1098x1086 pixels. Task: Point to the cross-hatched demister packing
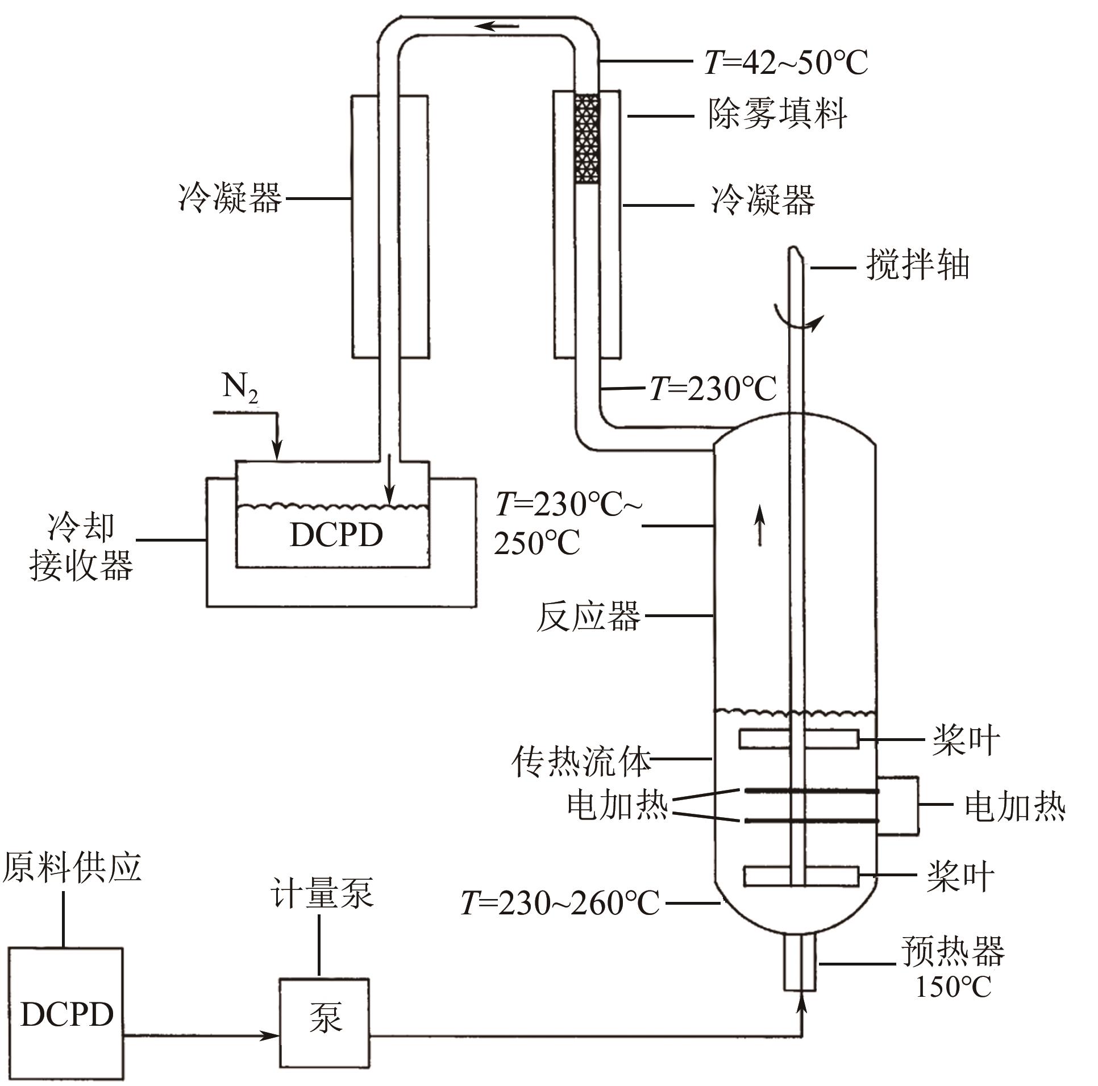coord(587,139)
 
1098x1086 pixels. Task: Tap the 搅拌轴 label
coord(917,265)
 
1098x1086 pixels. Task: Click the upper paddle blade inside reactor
coord(798,739)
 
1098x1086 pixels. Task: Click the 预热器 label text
coord(953,951)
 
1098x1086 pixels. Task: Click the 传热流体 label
coord(581,761)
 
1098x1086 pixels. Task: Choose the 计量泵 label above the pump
coord(322,892)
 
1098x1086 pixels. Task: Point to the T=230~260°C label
coord(560,903)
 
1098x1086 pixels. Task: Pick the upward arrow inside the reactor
coord(760,526)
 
